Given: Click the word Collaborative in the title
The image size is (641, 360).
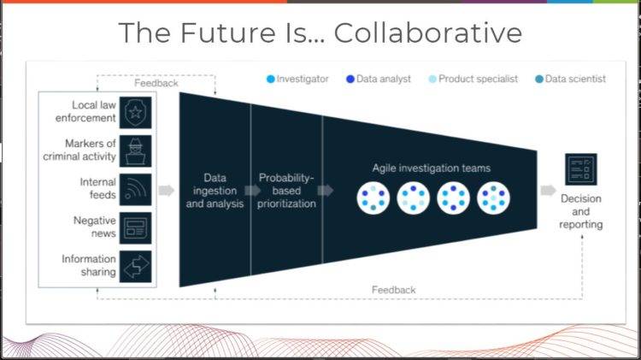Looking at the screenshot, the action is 428,32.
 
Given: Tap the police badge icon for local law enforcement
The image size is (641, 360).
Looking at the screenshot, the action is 135,113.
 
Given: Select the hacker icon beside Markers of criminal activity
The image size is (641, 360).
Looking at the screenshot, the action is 135,151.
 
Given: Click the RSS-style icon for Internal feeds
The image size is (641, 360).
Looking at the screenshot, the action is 135,190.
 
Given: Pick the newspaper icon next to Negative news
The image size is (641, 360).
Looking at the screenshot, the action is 135,227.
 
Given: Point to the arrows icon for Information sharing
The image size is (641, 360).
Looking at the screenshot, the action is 135,266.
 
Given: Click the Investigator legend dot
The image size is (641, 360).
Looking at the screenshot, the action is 270,79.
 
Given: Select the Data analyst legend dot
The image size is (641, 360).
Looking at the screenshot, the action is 350,79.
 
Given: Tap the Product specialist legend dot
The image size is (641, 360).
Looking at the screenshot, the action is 432,79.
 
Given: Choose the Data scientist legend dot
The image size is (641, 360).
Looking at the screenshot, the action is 538,79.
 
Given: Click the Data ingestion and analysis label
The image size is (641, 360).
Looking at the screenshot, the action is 215,191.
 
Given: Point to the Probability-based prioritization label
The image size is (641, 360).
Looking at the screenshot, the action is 286,191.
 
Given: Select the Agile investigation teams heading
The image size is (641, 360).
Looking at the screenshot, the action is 432,168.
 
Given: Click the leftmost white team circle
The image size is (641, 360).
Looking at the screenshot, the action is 373,198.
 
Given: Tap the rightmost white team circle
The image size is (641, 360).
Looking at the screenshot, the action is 493,198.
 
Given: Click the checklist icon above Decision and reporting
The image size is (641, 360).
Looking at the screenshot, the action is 581,169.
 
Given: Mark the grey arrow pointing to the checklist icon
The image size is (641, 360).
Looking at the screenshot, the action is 548,190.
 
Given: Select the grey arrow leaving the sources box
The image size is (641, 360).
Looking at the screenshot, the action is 167,190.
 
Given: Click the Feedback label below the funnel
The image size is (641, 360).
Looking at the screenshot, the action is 394,290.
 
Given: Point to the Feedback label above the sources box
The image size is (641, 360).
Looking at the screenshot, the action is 156,83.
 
